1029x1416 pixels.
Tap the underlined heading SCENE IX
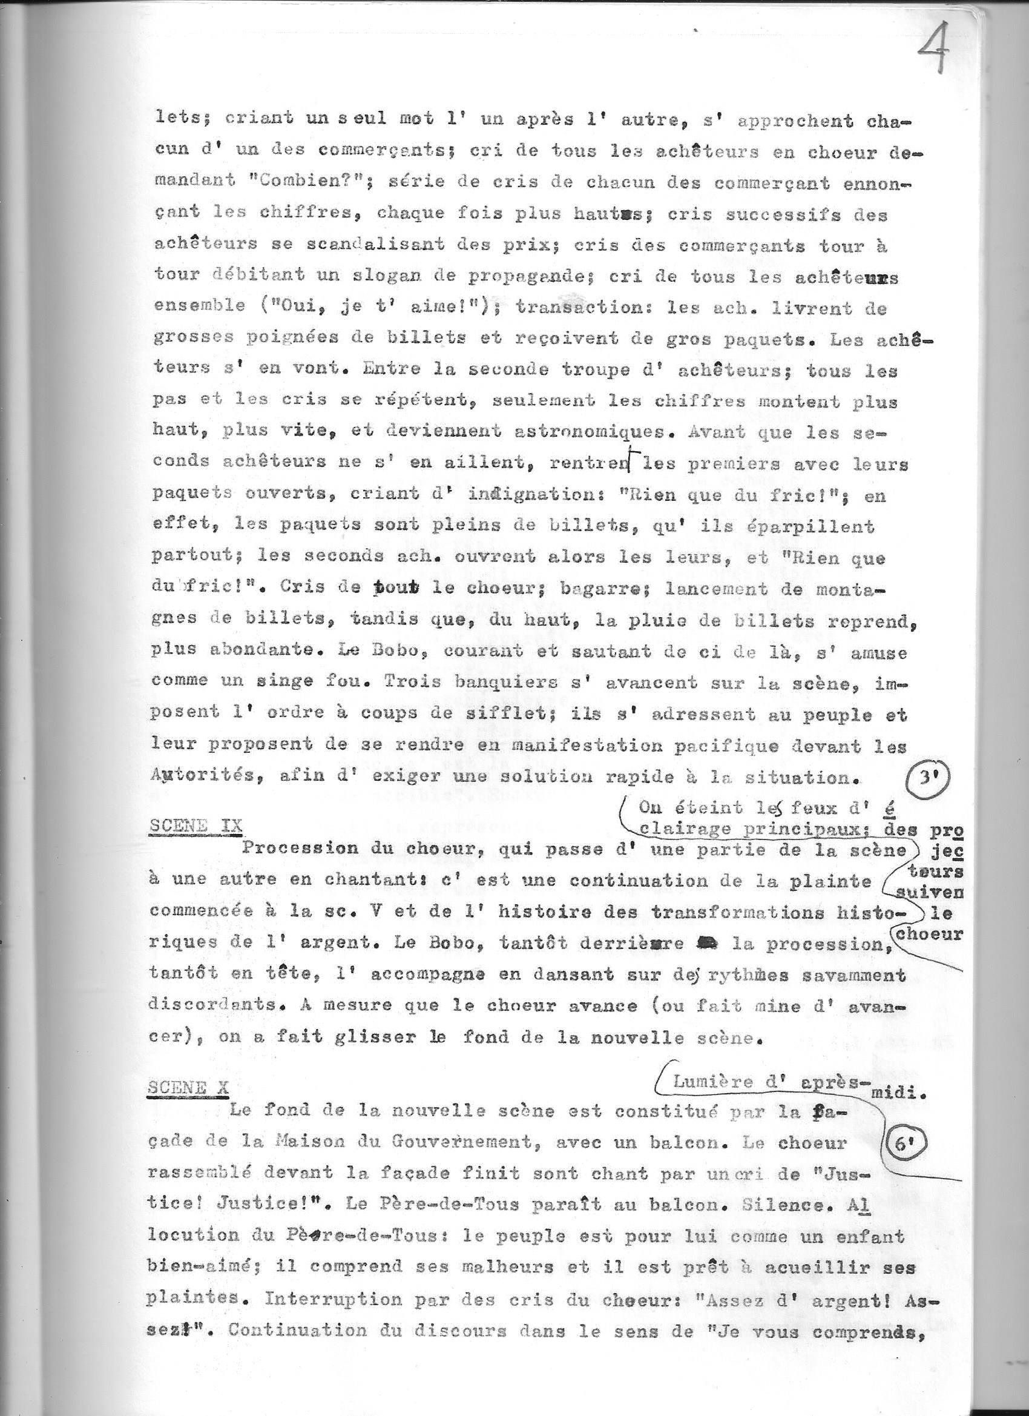pos(196,825)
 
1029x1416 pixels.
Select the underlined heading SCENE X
pos(188,1088)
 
